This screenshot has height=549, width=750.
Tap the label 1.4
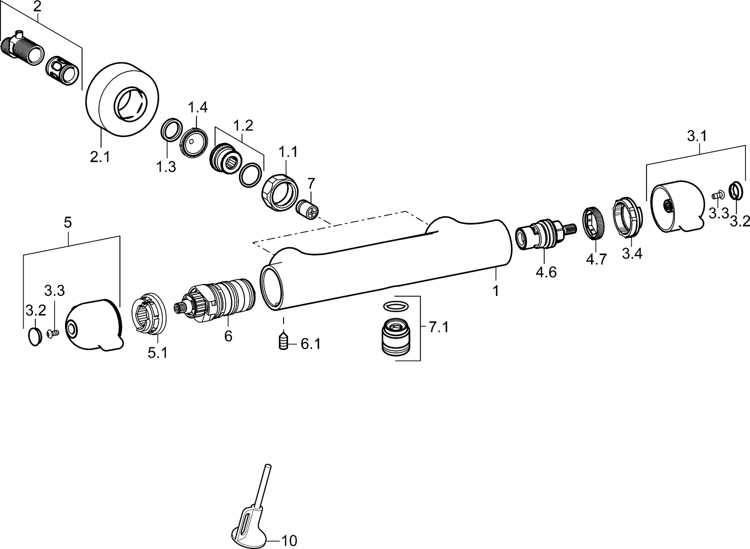197,107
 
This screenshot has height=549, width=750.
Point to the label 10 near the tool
289,540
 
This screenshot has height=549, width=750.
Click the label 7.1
438,327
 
